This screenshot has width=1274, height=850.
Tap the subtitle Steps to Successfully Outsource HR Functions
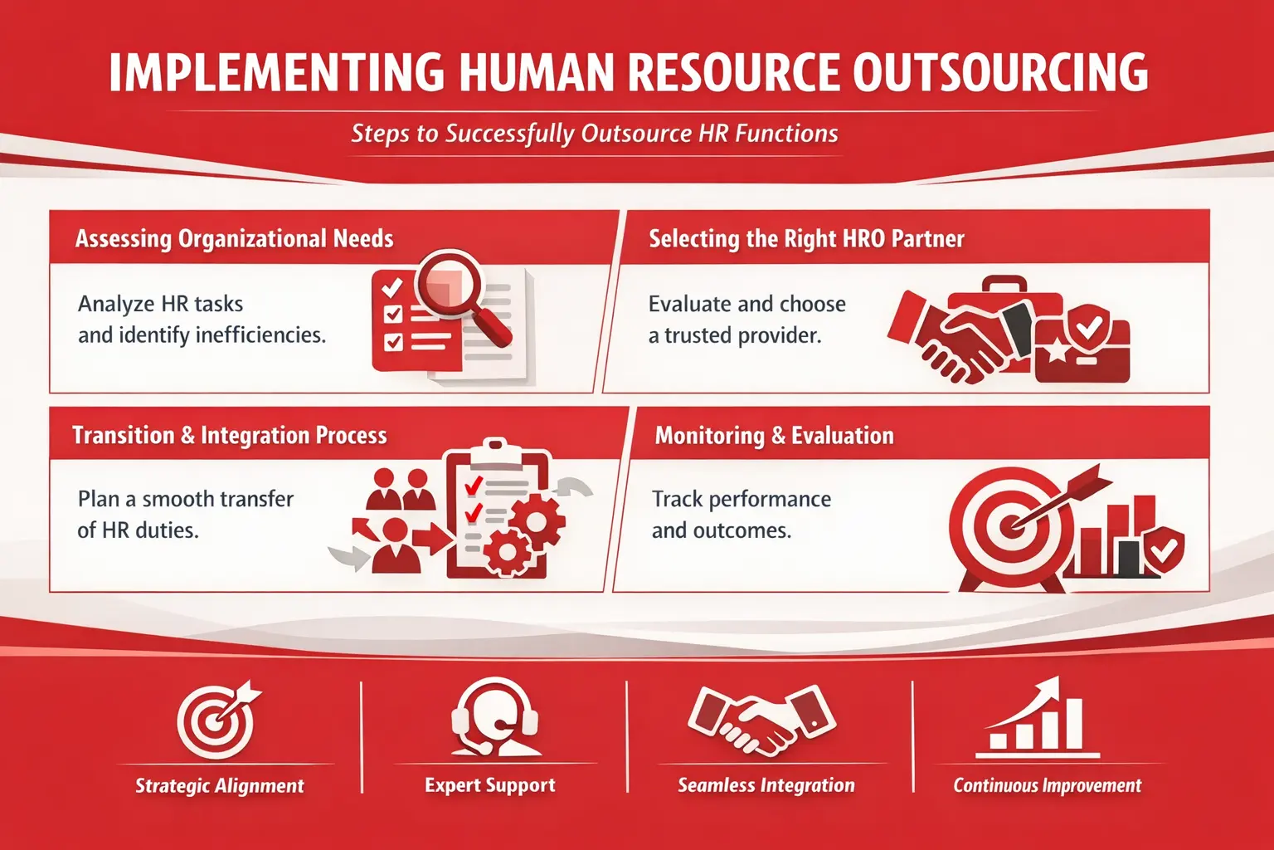click(595, 134)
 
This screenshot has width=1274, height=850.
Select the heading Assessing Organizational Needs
click(235, 238)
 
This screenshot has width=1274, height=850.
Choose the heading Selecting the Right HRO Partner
click(806, 238)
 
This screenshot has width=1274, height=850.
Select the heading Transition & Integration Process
click(230, 436)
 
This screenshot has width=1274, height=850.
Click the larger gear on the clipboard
click(537, 520)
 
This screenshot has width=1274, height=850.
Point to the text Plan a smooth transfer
click(186, 500)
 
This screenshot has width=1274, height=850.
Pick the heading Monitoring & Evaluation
click(775, 436)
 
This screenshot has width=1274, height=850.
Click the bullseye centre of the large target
click(1010, 525)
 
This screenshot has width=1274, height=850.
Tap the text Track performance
click(742, 500)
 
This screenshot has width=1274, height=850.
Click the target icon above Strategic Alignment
click(218, 719)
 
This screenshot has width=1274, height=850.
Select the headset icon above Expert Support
click(495, 717)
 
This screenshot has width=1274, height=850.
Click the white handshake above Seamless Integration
click(762, 721)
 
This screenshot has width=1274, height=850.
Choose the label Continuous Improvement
click(1047, 785)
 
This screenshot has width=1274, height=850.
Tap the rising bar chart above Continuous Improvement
click(1037, 719)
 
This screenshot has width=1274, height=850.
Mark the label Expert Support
click(489, 785)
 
